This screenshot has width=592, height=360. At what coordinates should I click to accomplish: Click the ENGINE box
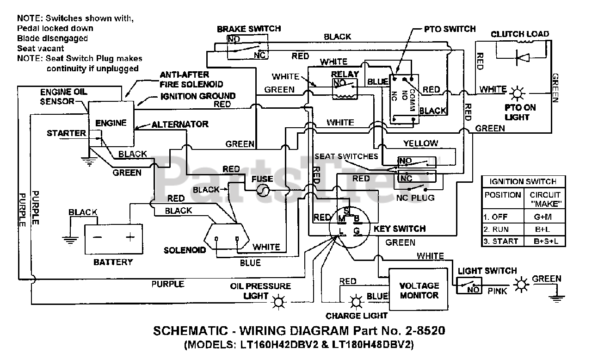coord(111,123)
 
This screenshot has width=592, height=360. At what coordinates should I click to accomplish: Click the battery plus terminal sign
coord(130,237)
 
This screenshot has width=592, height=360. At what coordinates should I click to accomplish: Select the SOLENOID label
coord(185,250)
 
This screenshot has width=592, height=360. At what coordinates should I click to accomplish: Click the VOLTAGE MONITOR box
coord(419,290)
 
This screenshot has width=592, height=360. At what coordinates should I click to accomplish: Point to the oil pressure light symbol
coord(278,302)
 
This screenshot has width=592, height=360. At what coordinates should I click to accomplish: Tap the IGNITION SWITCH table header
coord(523,181)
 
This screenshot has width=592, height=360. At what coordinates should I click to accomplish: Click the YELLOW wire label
coord(420,143)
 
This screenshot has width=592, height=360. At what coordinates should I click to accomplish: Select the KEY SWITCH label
coord(399,229)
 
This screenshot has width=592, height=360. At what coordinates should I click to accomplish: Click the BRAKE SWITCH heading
coord(248,29)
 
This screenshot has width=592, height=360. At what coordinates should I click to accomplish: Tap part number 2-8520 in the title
coord(422,331)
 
